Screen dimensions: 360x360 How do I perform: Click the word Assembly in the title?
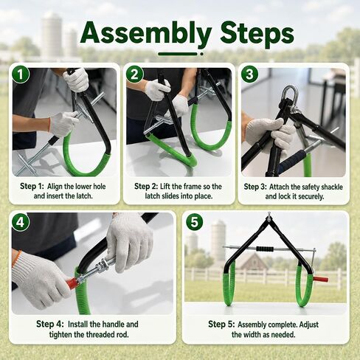(x=146, y=33)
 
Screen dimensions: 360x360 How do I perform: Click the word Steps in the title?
(x=257, y=33)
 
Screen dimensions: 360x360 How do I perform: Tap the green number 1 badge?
(x=21, y=74)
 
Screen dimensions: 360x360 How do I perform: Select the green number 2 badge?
(x=134, y=74)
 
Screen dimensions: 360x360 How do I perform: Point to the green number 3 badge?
(x=249, y=74)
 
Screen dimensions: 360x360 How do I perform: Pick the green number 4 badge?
(x=21, y=222)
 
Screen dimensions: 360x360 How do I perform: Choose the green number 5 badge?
(x=195, y=222)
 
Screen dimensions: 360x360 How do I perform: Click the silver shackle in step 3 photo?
(x=290, y=95)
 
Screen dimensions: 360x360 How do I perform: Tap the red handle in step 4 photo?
(x=72, y=283)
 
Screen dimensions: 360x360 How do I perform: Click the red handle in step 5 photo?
(x=320, y=280)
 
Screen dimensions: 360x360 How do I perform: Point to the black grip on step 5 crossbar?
(x=265, y=249)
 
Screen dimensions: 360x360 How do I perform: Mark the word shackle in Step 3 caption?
(x=332, y=187)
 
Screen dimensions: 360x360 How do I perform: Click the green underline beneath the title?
(x=178, y=54)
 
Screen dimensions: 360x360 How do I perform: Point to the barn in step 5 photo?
(x=253, y=261)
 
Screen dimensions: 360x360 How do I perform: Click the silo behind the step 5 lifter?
(x=218, y=238)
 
